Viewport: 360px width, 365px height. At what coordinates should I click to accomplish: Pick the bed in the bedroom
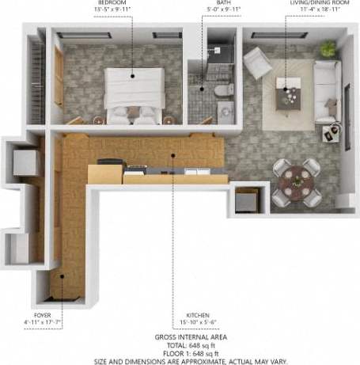click(135, 94)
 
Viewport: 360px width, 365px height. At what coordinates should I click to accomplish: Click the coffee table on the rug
click(287, 95)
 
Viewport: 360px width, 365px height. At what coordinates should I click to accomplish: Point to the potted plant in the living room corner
click(328, 49)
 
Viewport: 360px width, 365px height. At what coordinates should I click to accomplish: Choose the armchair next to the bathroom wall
click(256, 62)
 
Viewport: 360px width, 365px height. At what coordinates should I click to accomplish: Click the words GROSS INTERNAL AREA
click(180, 336)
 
